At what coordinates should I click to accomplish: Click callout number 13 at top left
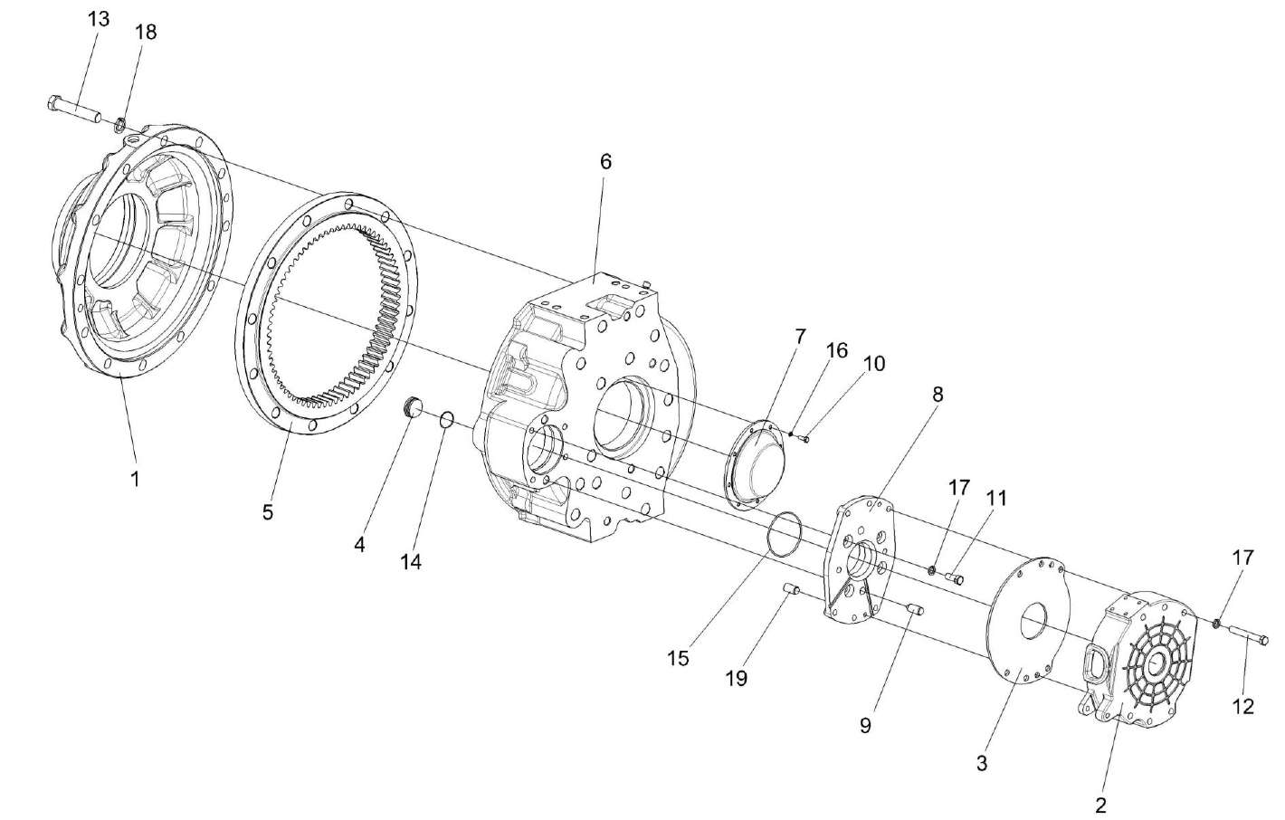(x=99, y=19)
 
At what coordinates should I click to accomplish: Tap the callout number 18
(x=146, y=32)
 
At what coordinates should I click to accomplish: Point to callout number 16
(x=837, y=349)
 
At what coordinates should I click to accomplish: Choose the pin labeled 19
(x=791, y=590)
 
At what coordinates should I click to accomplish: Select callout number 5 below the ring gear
(x=268, y=511)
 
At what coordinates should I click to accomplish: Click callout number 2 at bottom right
(x=1101, y=804)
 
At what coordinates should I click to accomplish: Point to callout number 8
(x=938, y=394)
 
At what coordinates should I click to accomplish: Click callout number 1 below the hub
(x=135, y=478)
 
